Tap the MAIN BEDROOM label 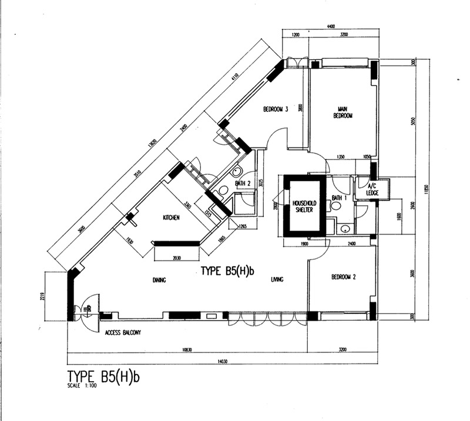click(343, 112)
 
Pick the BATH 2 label click(243, 184)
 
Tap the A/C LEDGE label click(372, 189)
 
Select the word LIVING click(277, 280)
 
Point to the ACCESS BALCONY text click(123, 332)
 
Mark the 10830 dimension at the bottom click(187, 349)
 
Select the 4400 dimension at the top click(331, 26)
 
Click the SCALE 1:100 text click(83, 387)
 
